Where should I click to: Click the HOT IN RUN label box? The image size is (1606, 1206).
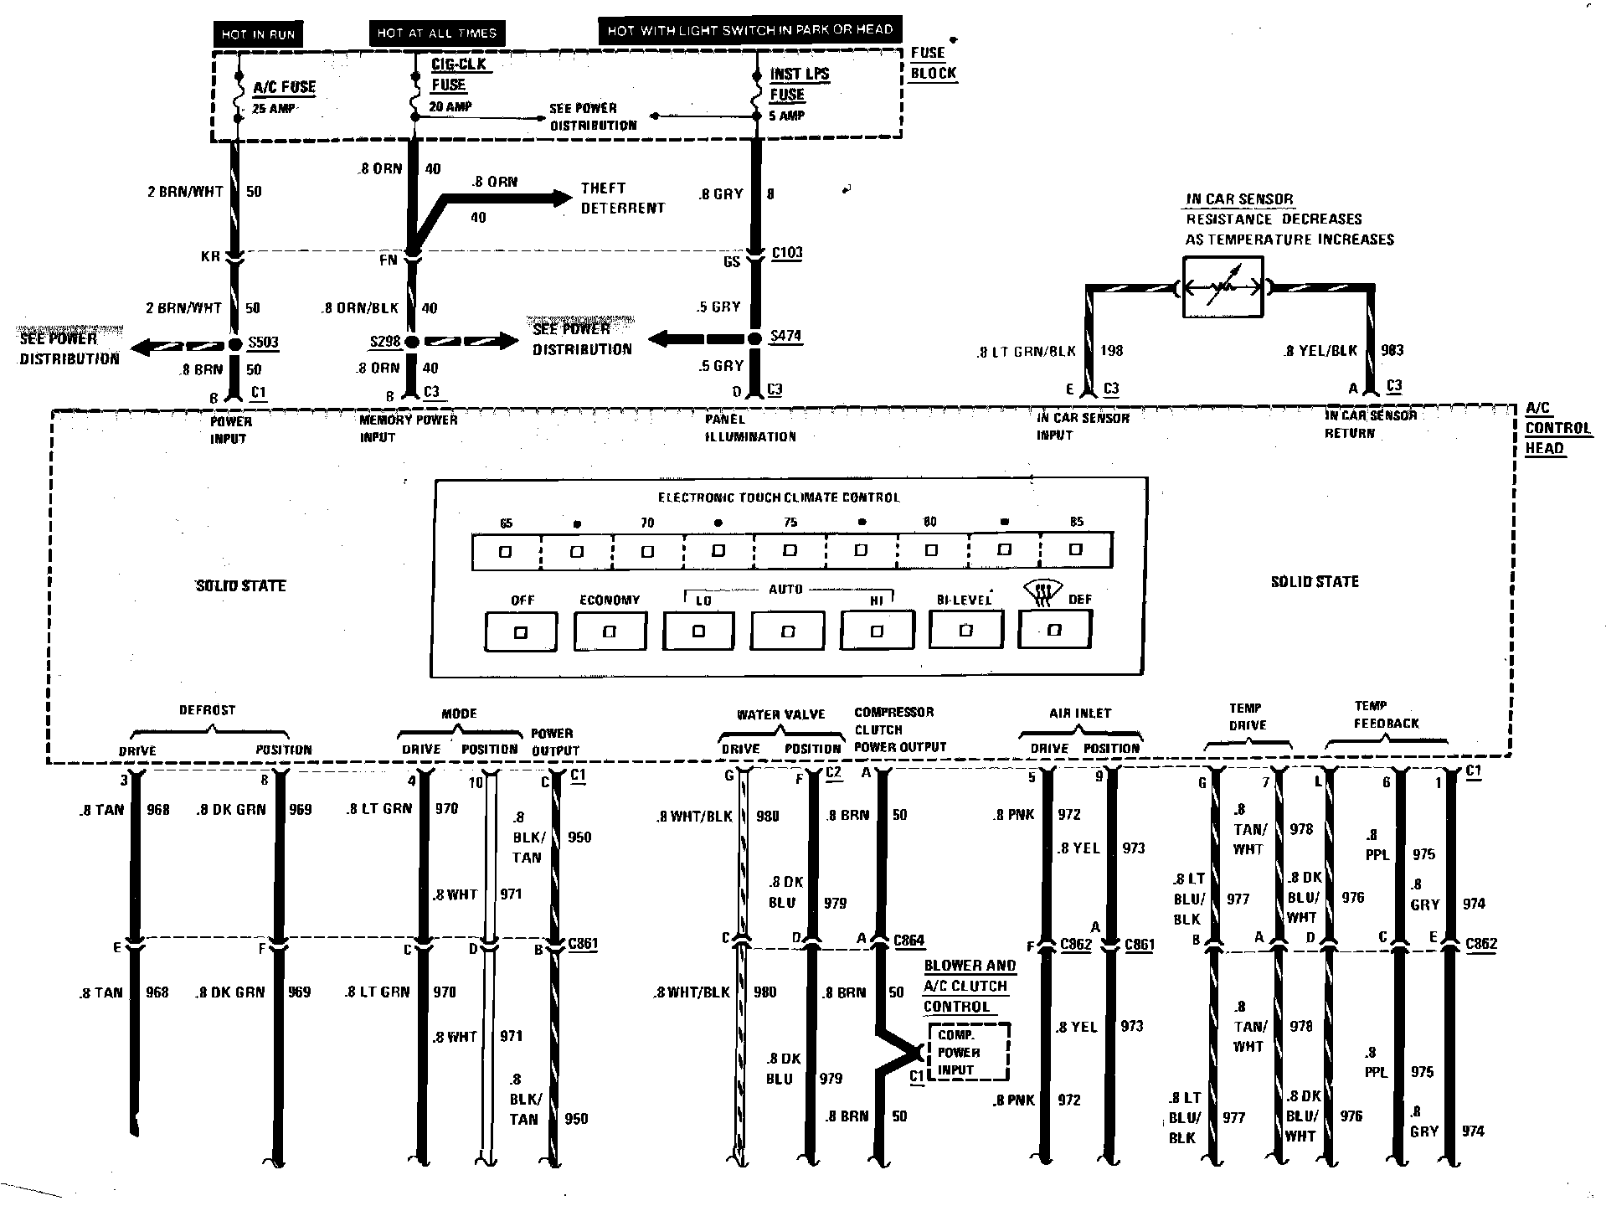pyautogui.click(x=258, y=34)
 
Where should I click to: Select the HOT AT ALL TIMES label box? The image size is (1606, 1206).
pyautogui.click(x=436, y=33)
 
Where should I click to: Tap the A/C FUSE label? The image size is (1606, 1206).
pyautogui.click(x=285, y=87)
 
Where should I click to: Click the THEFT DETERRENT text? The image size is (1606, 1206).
pyautogui.click(x=622, y=198)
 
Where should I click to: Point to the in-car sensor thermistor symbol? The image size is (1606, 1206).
pyautogui.click(x=1223, y=287)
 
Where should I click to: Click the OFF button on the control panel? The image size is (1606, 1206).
pyautogui.click(x=520, y=631)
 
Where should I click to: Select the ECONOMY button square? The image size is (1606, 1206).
pyautogui.click(x=610, y=631)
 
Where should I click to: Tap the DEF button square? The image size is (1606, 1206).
pyautogui.click(x=1054, y=630)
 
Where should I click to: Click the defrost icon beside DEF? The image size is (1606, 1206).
pyautogui.click(x=1042, y=592)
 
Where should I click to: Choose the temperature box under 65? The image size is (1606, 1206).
pyautogui.click(x=506, y=552)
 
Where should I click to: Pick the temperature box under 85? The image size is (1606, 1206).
pyautogui.click(x=1076, y=550)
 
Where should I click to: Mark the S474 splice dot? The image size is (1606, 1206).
pyautogui.click(x=755, y=338)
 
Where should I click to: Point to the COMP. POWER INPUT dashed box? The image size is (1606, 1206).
pyautogui.click(x=967, y=1052)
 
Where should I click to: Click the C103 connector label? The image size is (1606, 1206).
pyautogui.click(x=786, y=253)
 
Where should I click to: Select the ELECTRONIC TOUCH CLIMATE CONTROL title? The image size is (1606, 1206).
pyautogui.click(x=778, y=497)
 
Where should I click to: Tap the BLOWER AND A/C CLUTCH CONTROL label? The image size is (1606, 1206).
pyautogui.click(x=969, y=986)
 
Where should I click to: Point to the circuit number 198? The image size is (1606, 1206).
pyautogui.click(x=1111, y=351)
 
